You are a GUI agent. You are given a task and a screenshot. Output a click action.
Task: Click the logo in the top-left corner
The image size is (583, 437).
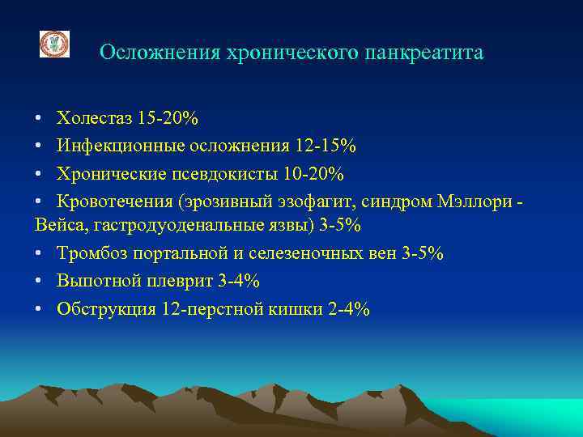[55, 44]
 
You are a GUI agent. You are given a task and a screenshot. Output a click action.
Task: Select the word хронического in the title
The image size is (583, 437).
[292, 53]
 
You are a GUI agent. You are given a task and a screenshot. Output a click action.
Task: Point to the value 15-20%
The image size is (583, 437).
[168, 118]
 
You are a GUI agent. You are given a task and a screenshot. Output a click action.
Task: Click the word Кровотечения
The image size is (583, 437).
[113, 202]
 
